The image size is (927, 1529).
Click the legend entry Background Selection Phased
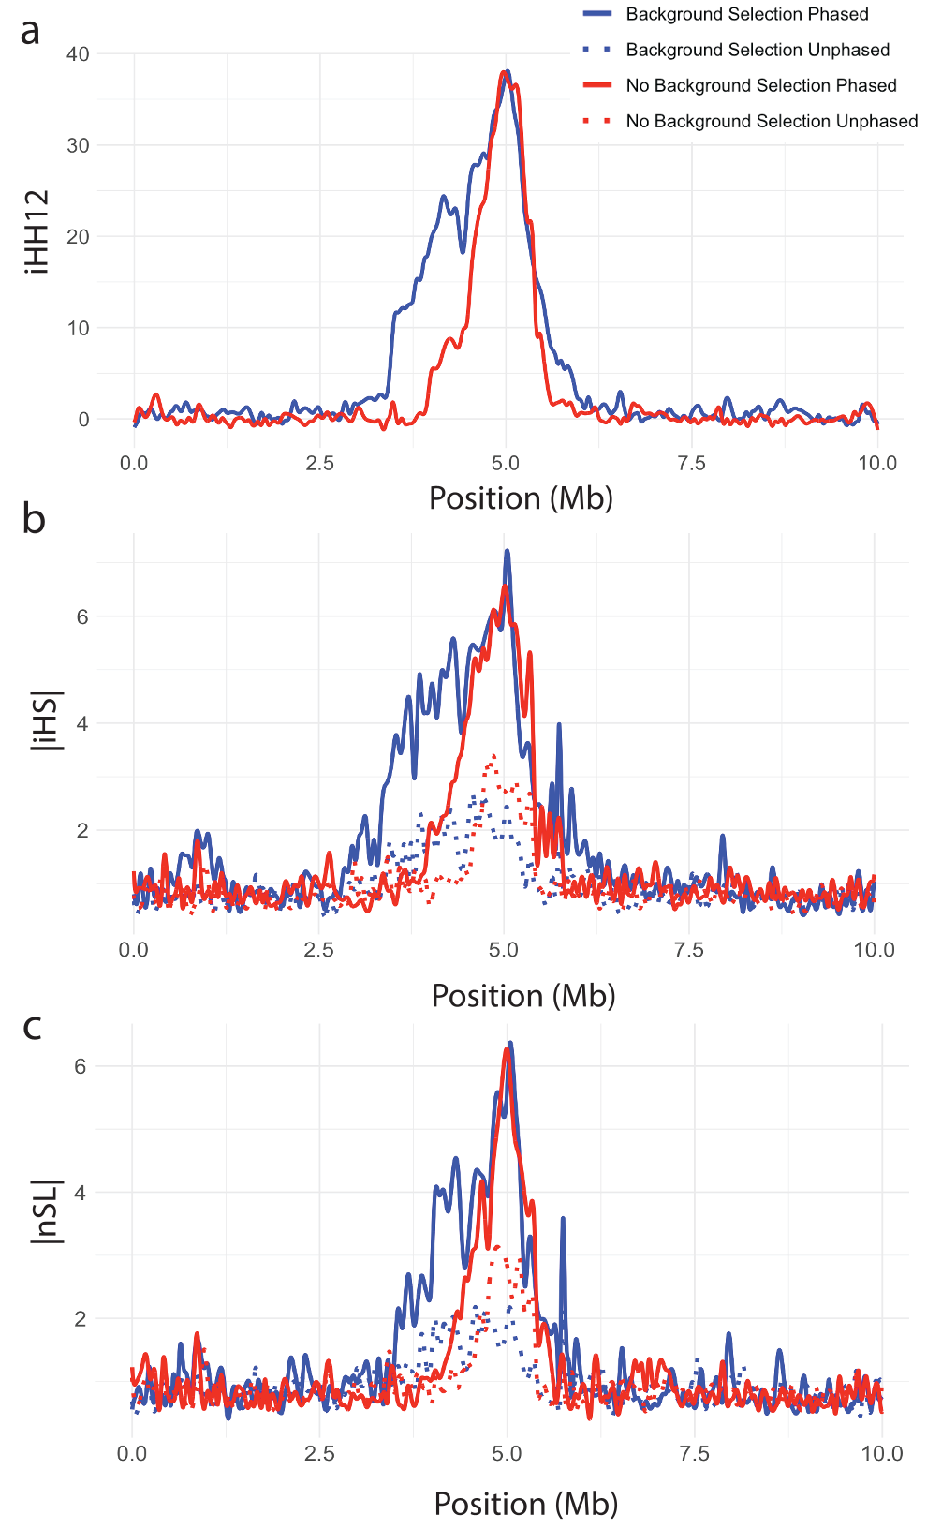tap(746, 14)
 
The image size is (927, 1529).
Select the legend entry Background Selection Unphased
tap(757, 50)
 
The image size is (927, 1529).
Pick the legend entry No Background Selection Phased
tap(760, 85)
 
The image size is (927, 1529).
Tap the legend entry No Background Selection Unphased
tap(771, 121)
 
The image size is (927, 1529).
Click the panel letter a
tap(30, 31)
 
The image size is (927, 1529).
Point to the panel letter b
tap(33, 518)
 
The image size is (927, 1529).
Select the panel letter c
tap(32, 1026)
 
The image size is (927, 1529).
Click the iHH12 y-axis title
tap(38, 231)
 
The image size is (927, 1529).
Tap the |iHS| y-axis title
tap(46, 722)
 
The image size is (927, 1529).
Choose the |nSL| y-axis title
tap(46, 1211)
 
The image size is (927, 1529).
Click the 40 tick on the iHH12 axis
tap(78, 54)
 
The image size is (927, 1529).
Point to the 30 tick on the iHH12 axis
tap(78, 145)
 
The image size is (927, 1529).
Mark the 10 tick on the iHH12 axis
tap(78, 328)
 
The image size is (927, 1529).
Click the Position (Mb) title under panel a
tap(521, 497)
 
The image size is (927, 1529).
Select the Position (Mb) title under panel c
tap(525, 1504)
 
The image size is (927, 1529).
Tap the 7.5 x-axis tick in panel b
tap(689, 950)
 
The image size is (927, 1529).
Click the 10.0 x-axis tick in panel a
tap(877, 463)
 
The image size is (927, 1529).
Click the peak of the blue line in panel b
tap(507, 551)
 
